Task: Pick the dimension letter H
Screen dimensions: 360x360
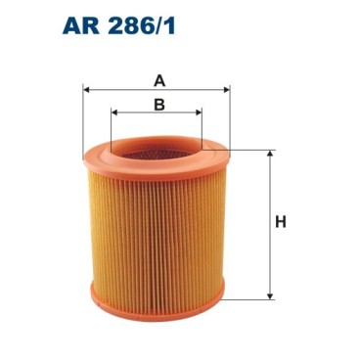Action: (280, 223)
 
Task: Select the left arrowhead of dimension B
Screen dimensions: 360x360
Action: (114, 113)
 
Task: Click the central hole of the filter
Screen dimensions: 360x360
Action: (157, 152)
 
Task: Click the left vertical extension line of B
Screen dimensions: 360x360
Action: (112, 127)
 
